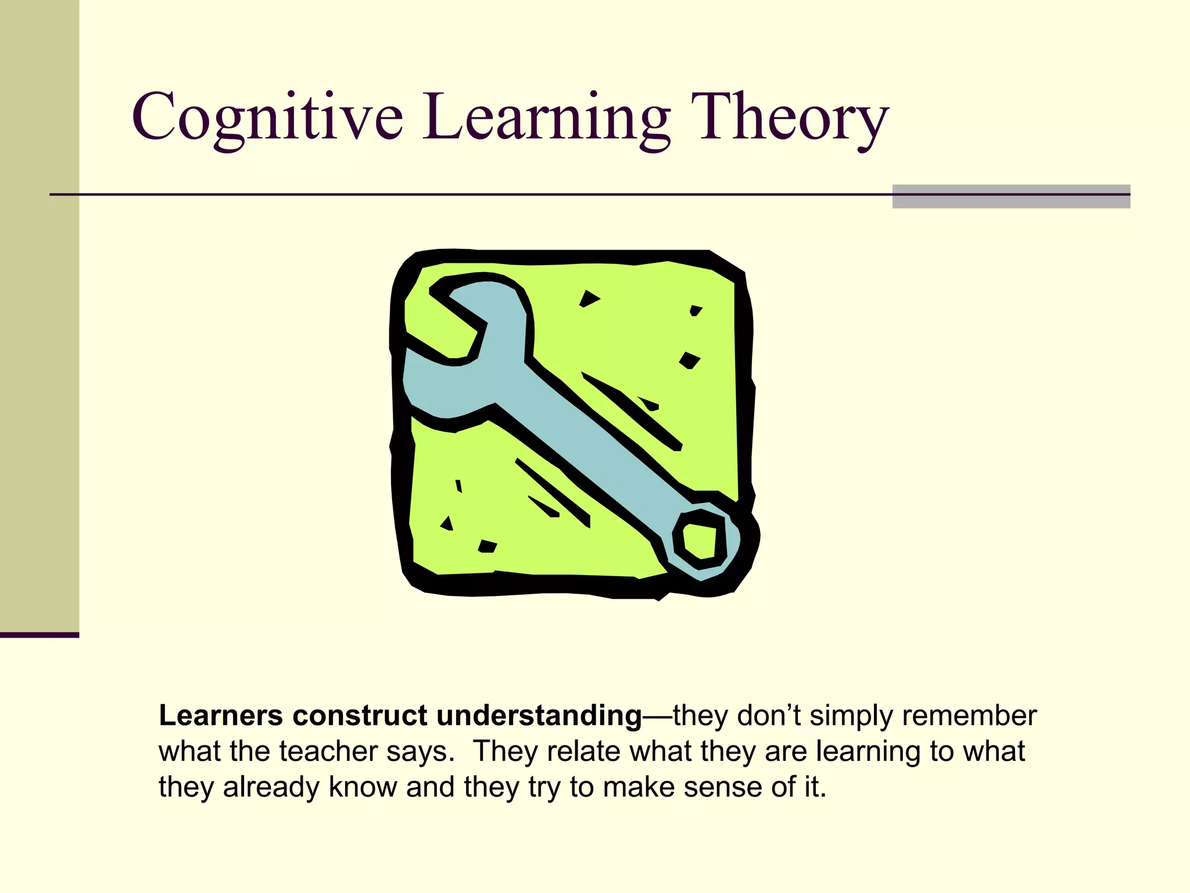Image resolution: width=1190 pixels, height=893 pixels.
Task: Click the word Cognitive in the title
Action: click(x=267, y=117)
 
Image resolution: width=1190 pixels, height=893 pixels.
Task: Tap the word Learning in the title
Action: click(x=546, y=117)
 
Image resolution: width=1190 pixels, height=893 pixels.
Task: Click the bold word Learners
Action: click(x=221, y=716)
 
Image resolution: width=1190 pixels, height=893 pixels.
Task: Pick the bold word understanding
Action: click(x=539, y=716)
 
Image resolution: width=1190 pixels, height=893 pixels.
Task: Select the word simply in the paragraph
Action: click(x=851, y=716)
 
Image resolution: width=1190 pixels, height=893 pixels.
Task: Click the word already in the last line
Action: click(x=271, y=787)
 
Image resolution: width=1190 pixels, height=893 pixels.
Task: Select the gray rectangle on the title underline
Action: click(x=1010, y=197)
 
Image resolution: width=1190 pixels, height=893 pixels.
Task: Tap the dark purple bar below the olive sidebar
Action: click(x=39, y=635)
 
